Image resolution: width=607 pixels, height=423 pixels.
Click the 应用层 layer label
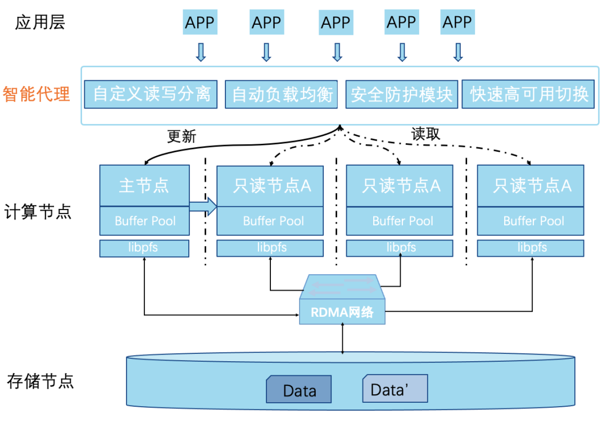pyautogui.click(x=40, y=22)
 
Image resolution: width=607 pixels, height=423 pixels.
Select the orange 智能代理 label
pyautogui.click(x=37, y=94)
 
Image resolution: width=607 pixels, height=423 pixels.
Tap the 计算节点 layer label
pyautogui.click(x=38, y=213)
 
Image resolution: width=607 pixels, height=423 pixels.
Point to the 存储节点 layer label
pyautogui.click(x=40, y=381)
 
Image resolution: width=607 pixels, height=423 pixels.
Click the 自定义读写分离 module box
pyautogui.click(x=151, y=94)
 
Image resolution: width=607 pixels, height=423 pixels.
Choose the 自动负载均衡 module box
pyautogui.click(x=282, y=94)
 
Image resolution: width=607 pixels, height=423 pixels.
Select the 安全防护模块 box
pyautogui.click(x=401, y=94)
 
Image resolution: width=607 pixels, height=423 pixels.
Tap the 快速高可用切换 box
pyautogui.click(x=529, y=94)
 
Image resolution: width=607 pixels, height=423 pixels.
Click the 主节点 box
pyautogui.click(x=144, y=185)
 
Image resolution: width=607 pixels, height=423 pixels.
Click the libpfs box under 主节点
pyautogui.click(x=144, y=248)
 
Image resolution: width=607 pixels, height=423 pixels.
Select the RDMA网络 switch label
pyautogui.click(x=343, y=312)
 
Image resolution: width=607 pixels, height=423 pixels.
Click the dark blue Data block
pyautogui.click(x=298, y=390)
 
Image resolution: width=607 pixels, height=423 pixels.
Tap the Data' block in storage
pyautogui.click(x=395, y=389)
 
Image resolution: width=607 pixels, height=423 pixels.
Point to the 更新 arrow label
pyautogui.click(x=182, y=137)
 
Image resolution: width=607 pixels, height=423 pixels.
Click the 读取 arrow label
pyautogui.click(x=425, y=134)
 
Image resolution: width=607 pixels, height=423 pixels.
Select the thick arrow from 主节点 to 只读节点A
pyautogui.click(x=202, y=206)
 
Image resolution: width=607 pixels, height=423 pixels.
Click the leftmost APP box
pyautogui.click(x=200, y=22)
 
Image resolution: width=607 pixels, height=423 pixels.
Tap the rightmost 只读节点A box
pyautogui.click(x=531, y=185)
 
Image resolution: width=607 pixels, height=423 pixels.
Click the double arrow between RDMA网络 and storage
pyautogui.click(x=343, y=339)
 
